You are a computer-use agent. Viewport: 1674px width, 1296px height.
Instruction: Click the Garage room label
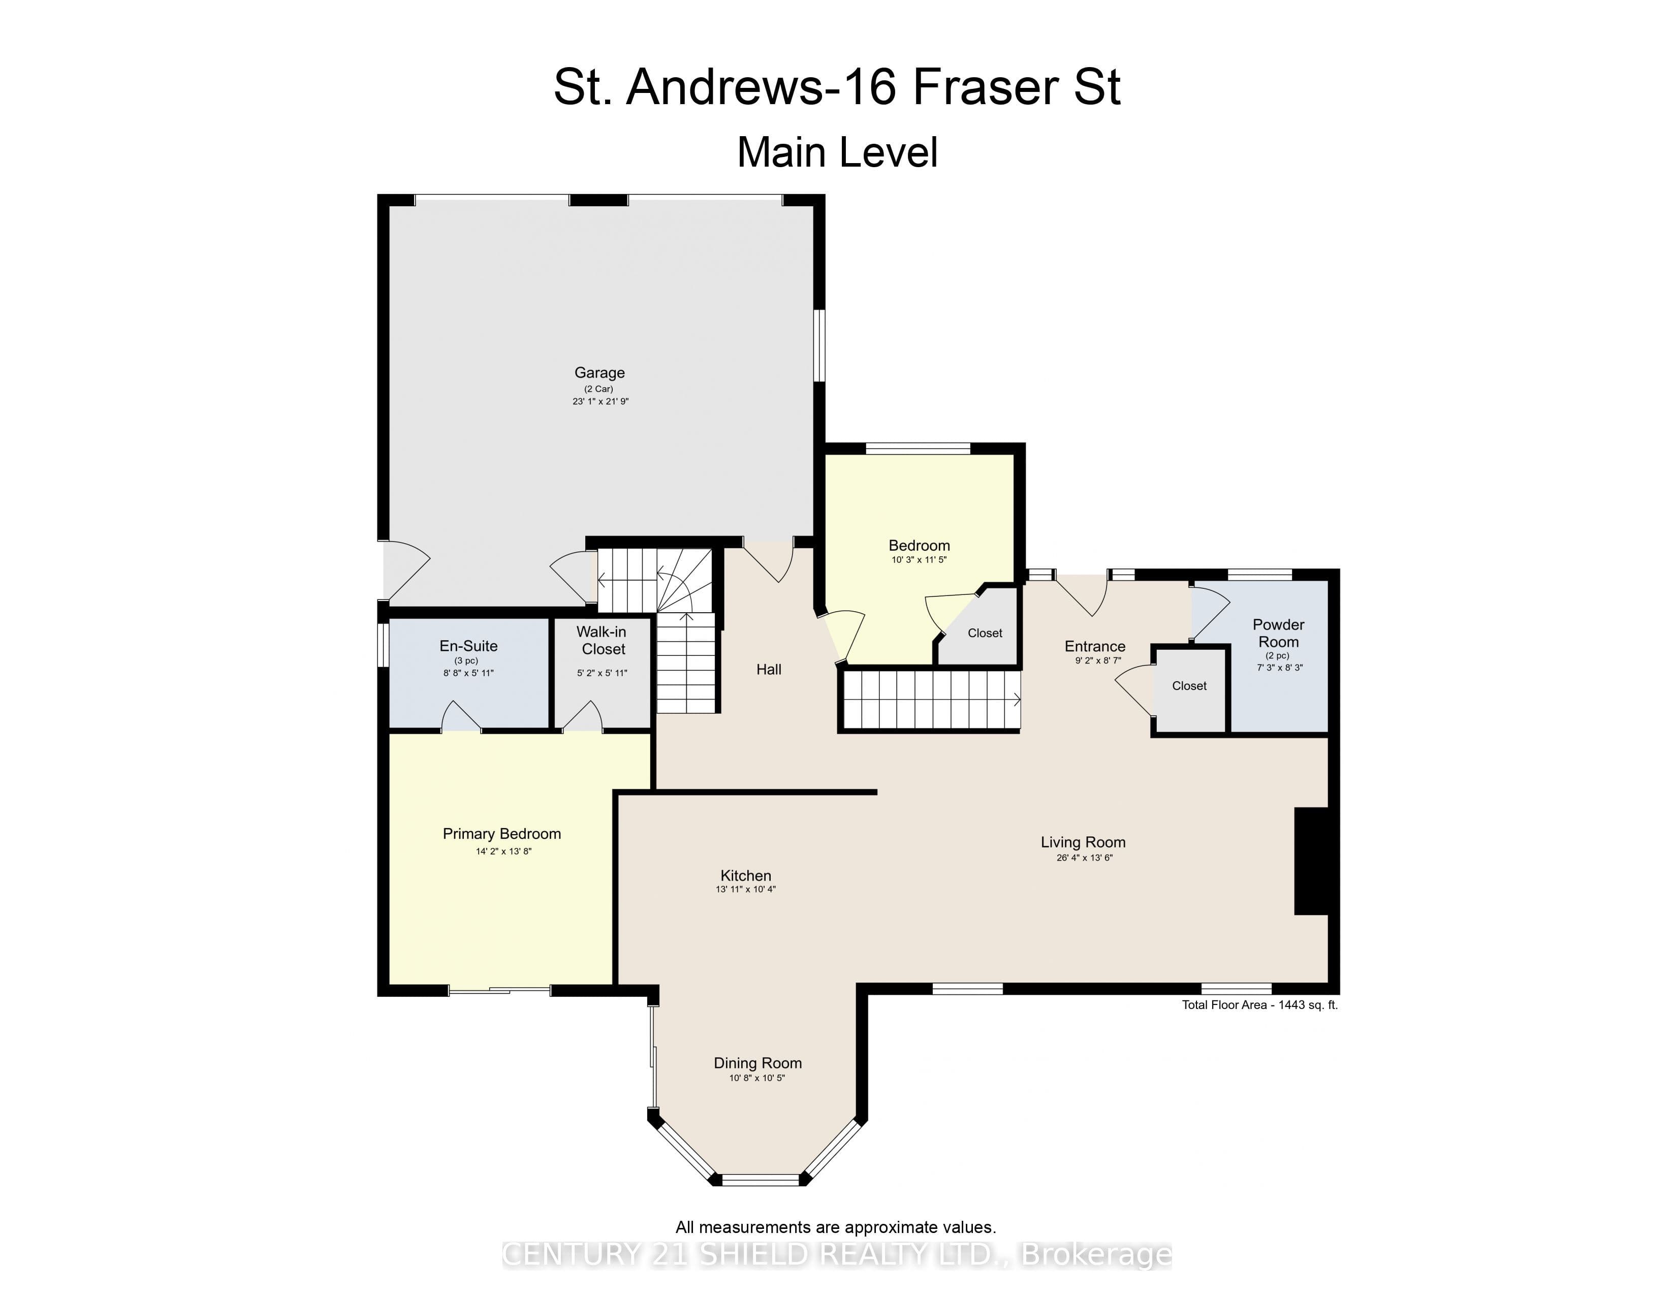(599, 373)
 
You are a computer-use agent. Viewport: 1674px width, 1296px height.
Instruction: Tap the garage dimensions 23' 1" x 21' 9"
(600, 401)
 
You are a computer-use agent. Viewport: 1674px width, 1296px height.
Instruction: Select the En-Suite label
(468, 646)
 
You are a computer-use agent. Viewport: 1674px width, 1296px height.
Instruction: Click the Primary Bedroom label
(502, 834)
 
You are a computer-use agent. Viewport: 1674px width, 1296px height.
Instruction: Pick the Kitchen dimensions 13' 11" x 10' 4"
(746, 890)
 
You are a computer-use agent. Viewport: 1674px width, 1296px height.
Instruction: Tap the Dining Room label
(758, 1063)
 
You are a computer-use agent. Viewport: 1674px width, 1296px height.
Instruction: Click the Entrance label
(1094, 647)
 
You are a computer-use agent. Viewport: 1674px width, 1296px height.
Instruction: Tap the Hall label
(769, 670)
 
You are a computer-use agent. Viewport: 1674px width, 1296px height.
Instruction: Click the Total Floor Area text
(1259, 1005)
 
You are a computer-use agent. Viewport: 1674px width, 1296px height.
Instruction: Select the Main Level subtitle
(837, 152)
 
